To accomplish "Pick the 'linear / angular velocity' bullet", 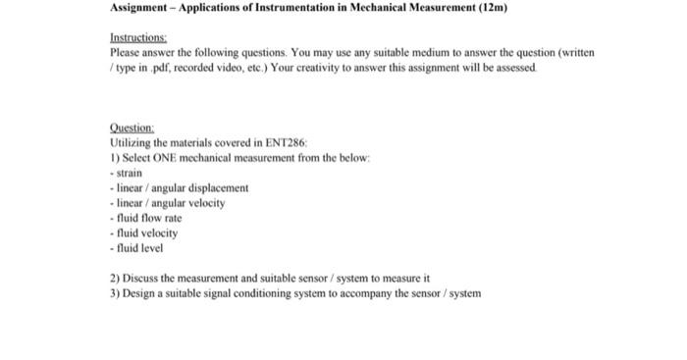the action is (x=169, y=202).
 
